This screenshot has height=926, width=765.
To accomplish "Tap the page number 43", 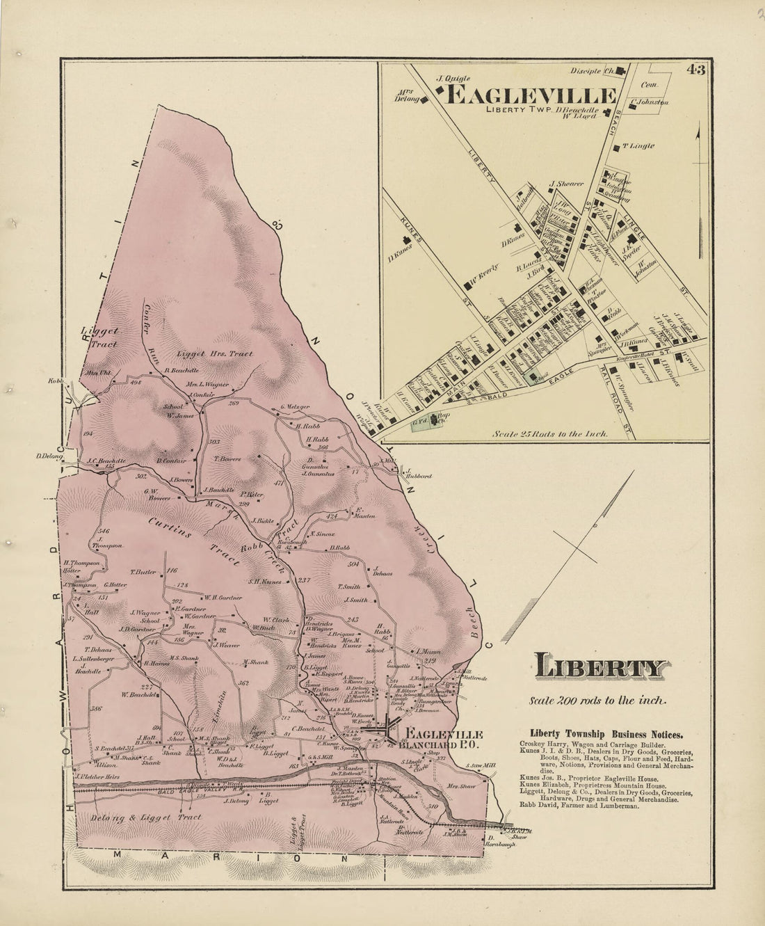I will point(695,70).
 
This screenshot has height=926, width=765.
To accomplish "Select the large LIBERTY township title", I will point(598,668).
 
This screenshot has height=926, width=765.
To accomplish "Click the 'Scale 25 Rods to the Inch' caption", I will point(550,433).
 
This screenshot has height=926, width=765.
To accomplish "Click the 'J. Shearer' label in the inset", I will point(565,184).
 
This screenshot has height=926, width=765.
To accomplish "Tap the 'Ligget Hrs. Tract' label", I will point(214,353).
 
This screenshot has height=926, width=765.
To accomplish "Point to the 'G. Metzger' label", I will point(294,407).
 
